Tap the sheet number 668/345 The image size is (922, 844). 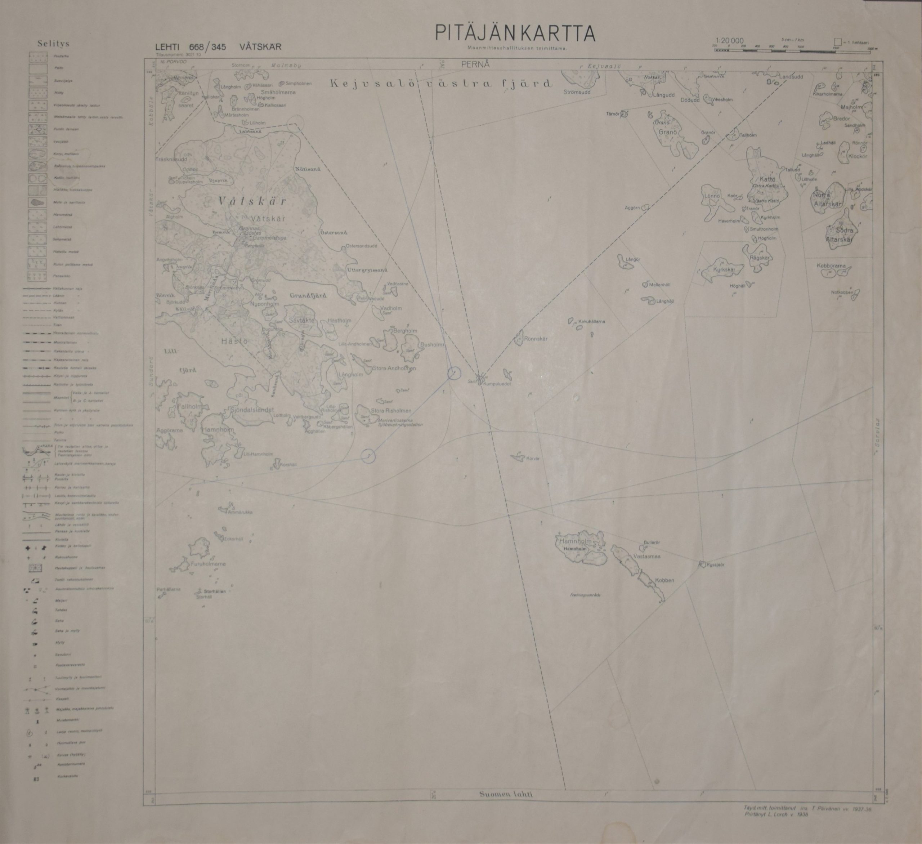(207, 47)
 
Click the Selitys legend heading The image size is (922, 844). (54, 44)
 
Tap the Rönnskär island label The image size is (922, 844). (536, 339)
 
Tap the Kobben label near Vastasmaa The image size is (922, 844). (664, 580)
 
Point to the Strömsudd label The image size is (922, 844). (577, 92)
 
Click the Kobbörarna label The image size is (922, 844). (832, 265)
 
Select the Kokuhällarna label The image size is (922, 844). (591, 322)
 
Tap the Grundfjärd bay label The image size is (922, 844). (308, 295)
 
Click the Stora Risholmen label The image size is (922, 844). (391, 411)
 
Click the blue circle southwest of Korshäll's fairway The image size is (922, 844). (368, 456)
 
